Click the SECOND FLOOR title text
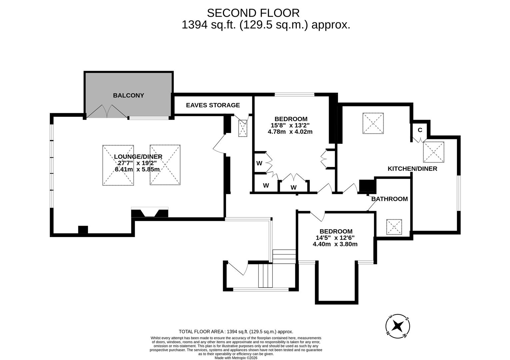point(253,13)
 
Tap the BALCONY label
point(128,95)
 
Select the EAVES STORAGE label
point(213,105)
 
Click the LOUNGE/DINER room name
point(138,157)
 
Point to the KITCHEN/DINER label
point(412,169)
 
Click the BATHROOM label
point(389,199)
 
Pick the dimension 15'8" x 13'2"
point(290,125)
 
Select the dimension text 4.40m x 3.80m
point(335,244)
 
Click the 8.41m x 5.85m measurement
point(137,169)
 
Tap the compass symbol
point(397,325)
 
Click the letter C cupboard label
point(420,130)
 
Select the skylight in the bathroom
point(394,227)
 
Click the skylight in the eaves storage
point(242,128)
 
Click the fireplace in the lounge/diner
point(150,212)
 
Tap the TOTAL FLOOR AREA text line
point(236,332)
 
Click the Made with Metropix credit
point(236,358)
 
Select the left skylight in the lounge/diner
point(118,165)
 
